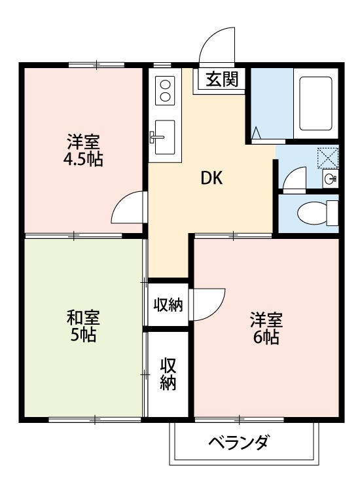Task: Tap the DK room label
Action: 211,177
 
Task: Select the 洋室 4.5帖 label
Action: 83,150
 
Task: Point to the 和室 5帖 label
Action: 83,326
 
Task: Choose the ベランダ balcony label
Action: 238,443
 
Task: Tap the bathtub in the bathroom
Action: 316,105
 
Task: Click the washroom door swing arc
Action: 293,177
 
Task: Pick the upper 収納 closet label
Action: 168,304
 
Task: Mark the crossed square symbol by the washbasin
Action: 326,157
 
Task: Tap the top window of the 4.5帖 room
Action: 96,64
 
